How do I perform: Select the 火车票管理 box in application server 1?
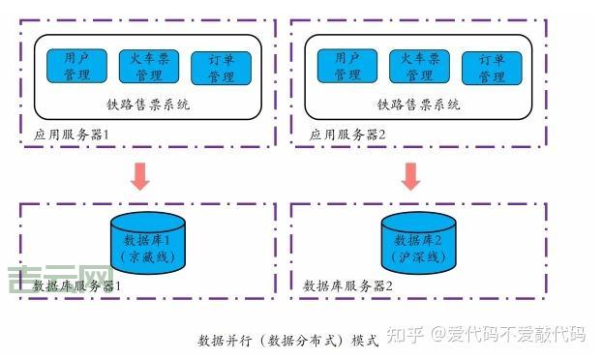coord(148,66)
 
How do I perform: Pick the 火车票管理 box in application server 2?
coord(419,66)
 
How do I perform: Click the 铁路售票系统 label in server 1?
coord(148,104)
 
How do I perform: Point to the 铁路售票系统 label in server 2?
coord(419,104)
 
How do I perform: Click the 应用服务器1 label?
coord(75,135)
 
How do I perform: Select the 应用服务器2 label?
coord(347,135)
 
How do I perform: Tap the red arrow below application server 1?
coord(140,175)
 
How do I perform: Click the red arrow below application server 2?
coord(411,175)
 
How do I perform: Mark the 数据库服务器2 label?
coord(348,286)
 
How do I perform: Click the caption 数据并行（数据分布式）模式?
coord(287,341)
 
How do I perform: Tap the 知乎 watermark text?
coord(406,335)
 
